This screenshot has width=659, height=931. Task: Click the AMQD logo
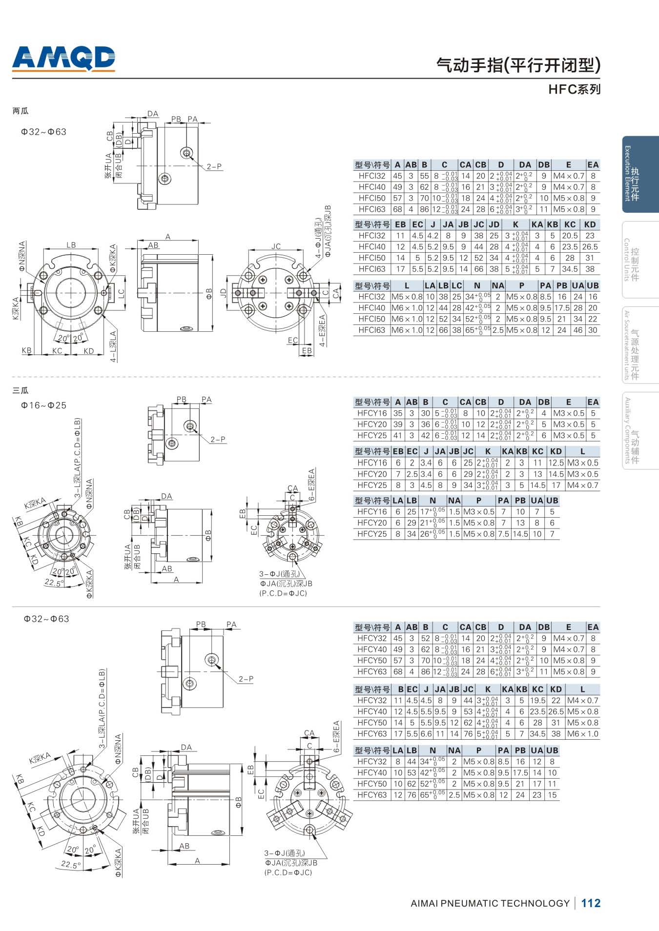[x=63, y=59]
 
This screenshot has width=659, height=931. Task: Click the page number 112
[x=591, y=903]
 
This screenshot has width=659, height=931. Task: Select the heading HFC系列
[x=574, y=89]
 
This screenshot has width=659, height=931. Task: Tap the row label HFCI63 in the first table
[x=372, y=209]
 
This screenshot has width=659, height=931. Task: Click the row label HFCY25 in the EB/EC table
[x=372, y=486]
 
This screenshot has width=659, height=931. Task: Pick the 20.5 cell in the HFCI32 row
[x=570, y=236]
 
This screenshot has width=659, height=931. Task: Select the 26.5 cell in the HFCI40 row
[x=590, y=247]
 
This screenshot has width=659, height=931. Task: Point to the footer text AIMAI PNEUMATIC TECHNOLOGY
[x=490, y=903]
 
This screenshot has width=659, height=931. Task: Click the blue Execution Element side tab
[x=640, y=174]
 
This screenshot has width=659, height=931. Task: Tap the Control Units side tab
[x=640, y=260]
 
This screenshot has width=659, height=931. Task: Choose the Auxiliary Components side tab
[x=640, y=430]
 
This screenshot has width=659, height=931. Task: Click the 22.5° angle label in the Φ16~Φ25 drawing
[x=54, y=583]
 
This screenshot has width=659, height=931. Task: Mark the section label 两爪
[x=21, y=111]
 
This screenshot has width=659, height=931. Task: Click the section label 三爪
[x=21, y=390]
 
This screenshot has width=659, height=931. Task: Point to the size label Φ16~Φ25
[x=43, y=405]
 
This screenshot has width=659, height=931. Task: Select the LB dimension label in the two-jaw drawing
[x=71, y=245]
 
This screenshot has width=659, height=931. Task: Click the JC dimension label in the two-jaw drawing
[x=276, y=246]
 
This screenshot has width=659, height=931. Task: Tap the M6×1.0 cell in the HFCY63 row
[x=582, y=734]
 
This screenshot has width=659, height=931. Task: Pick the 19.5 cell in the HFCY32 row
[x=537, y=701]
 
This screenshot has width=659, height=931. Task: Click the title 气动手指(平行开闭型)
[x=518, y=65]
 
